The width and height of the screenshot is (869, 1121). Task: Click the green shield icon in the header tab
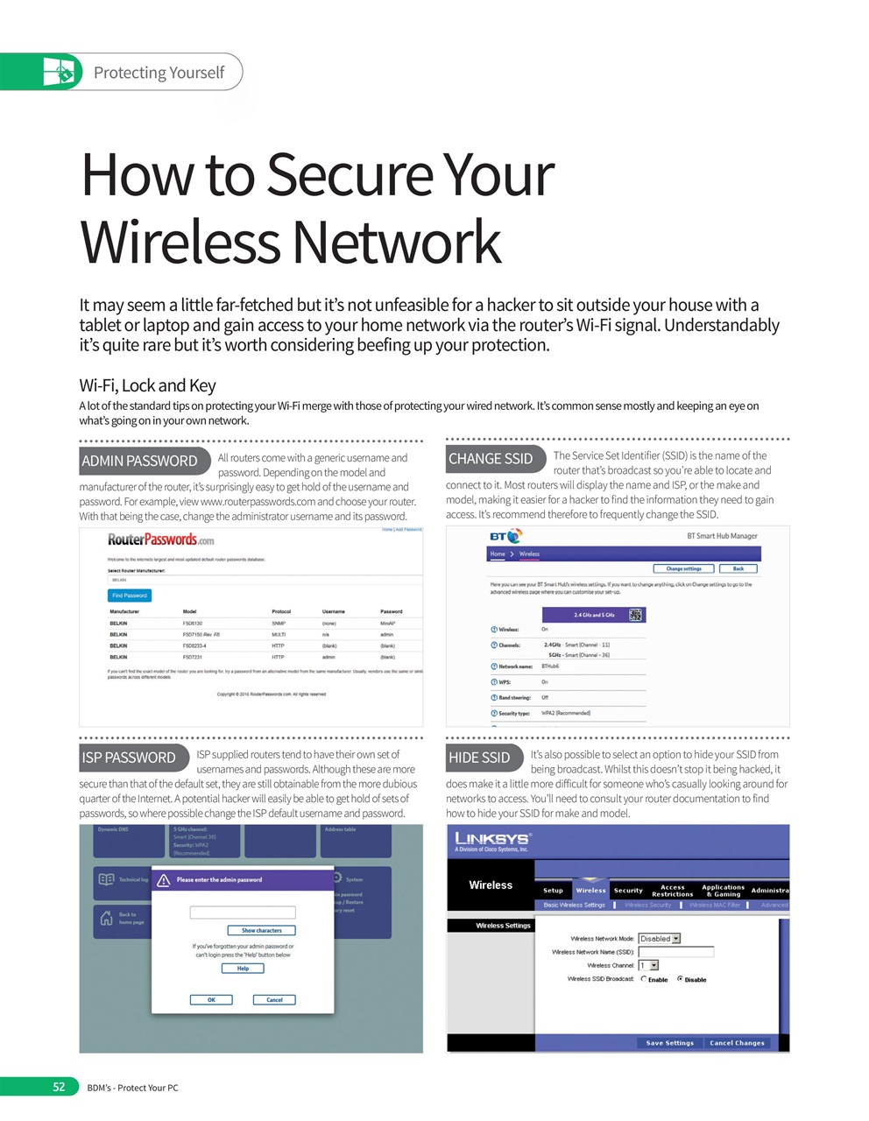coord(60,72)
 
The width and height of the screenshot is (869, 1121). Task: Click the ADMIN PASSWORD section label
coord(140,461)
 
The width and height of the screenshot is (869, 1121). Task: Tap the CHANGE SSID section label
coord(491,459)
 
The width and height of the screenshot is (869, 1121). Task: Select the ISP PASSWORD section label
coord(130,758)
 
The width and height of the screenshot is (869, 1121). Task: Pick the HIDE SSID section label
coord(480,758)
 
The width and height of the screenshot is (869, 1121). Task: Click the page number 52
coord(59,1087)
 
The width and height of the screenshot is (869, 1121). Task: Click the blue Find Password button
coord(130,596)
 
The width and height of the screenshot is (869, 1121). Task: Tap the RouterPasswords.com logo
coord(161,539)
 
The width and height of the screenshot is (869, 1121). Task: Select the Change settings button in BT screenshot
coord(683,568)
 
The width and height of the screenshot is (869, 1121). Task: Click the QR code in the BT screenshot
coord(636,615)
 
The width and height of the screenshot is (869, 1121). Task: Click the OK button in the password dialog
coord(211,999)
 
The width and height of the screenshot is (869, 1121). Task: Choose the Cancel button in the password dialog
coord(274,999)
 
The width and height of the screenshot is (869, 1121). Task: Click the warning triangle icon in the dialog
coord(164,880)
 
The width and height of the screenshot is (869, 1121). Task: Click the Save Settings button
coord(669,1043)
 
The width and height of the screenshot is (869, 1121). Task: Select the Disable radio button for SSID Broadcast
coord(680,979)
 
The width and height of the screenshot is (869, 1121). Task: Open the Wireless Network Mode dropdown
coord(660,939)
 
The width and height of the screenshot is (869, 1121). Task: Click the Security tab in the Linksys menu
coord(628,890)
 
